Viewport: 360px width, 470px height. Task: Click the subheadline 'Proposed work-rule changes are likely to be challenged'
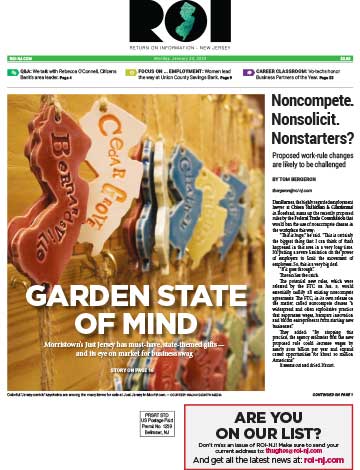point(311,164)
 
